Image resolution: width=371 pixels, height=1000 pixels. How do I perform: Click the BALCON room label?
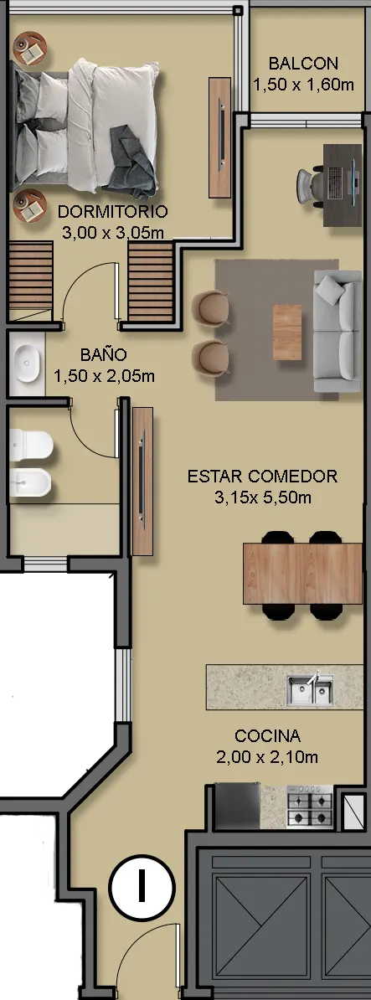pos(303,64)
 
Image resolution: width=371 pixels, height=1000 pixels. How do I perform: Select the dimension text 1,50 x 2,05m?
pos(105,376)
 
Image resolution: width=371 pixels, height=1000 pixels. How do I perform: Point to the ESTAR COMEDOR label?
pos(263,477)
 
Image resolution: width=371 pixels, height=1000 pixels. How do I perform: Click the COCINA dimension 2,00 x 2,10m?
pos(267,758)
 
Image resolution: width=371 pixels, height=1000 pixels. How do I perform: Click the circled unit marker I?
pos(141,887)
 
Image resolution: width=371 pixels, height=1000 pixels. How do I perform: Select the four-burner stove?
pos(310,807)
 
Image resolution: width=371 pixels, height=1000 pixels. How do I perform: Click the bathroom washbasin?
pos(27,363)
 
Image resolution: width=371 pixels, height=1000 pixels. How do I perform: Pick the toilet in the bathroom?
pos(31,445)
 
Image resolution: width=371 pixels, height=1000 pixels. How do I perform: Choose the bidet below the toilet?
pos(31,483)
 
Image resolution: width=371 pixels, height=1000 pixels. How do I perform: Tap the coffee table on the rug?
pos(287,332)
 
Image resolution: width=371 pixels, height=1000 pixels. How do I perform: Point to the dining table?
pos(303,574)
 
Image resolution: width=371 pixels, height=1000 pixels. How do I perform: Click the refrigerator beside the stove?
pos(236,807)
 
